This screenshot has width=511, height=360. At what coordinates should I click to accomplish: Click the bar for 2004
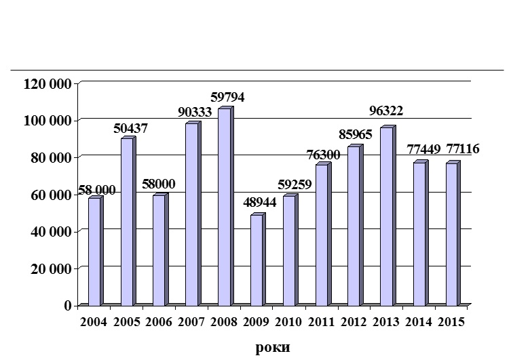94,251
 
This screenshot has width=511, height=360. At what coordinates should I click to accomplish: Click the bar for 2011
322,235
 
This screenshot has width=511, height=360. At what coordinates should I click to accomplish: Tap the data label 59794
226,97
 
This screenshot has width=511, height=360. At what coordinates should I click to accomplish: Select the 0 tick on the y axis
67,306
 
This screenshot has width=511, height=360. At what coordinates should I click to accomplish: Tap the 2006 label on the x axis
158,322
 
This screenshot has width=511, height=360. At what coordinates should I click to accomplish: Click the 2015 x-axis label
451,322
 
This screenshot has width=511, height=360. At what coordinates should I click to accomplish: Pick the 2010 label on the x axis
288,322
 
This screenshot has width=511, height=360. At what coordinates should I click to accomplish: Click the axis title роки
273,348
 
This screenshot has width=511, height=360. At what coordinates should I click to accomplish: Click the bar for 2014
419,233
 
